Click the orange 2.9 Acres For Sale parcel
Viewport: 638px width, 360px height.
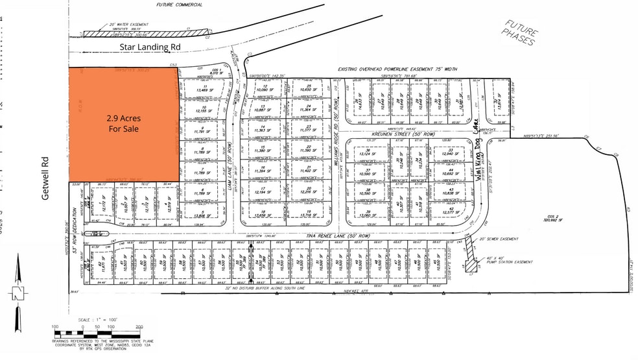[123, 123]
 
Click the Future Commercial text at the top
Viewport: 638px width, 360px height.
[180, 5]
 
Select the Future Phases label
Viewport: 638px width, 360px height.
[520, 32]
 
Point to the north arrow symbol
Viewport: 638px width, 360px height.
[17, 292]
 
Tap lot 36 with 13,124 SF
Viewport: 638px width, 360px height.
[368, 152]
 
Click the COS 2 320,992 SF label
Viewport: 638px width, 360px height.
[550, 217]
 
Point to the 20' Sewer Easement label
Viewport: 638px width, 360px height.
[500, 239]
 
